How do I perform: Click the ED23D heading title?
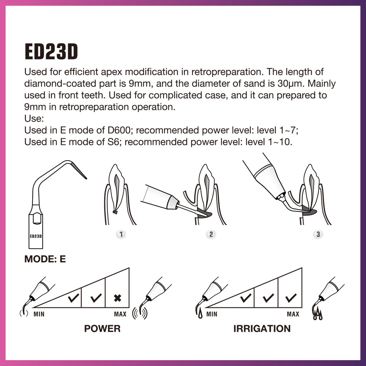[x=51, y=52]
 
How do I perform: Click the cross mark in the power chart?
[x=117, y=298]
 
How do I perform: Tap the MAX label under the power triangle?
[x=120, y=314]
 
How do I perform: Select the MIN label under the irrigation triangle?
[x=212, y=314]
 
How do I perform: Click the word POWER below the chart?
[x=102, y=328]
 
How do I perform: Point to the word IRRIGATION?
[x=262, y=328]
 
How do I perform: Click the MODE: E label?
[x=45, y=259]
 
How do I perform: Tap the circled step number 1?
[x=121, y=234]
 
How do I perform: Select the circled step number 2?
[x=210, y=234]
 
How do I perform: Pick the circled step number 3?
[x=318, y=234]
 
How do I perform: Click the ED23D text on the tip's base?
[x=36, y=236]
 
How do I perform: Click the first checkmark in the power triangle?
[x=74, y=298]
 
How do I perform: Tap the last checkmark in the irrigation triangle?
[x=291, y=298]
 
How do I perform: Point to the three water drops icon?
[x=317, y=315]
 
